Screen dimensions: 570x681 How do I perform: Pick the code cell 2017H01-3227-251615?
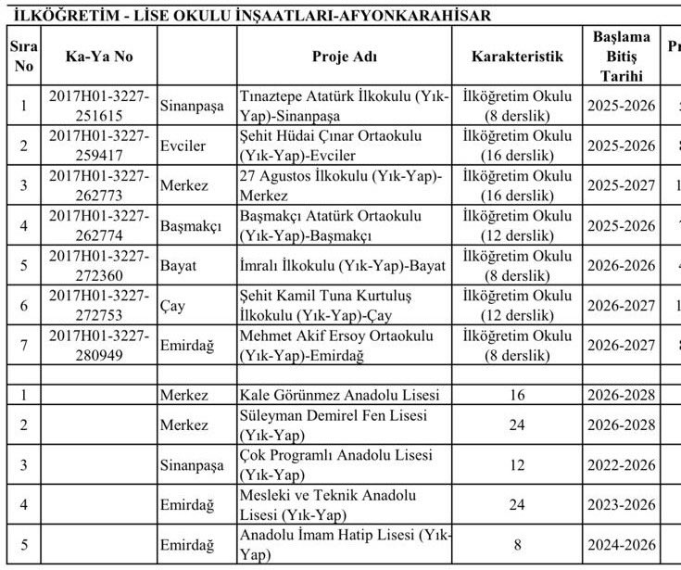99,106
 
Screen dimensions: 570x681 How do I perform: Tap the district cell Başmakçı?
195,226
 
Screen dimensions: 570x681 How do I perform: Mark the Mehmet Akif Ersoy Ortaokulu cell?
342,346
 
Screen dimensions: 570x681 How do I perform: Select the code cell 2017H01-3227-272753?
99,306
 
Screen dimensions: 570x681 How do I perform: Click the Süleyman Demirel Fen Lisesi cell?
334,425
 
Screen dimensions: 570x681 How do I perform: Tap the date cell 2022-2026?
620,464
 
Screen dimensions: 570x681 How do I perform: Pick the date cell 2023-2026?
620,505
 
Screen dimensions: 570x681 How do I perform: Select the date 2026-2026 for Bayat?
620,266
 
